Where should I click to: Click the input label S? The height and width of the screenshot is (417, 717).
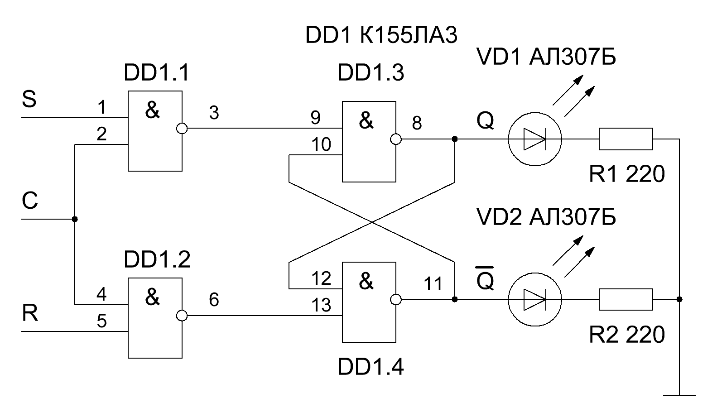coord(29,100)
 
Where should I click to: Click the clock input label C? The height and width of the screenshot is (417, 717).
coord(30,201)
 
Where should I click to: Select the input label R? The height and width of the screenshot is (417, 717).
coord(30,313)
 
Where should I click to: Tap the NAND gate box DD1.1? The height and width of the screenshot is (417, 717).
coord(155,131)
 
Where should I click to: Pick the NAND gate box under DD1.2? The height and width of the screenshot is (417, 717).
coord(155,318)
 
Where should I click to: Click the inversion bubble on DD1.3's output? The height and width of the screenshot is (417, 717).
coord(395,139)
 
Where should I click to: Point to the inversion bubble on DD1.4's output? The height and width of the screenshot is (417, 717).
coord(395,299)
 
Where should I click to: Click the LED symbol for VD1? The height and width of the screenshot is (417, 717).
coord(534,139)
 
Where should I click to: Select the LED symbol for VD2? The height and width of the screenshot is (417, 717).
coord(534,299)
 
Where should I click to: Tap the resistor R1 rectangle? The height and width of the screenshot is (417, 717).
coord(626,139)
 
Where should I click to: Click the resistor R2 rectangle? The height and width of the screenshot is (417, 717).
coord(626,299)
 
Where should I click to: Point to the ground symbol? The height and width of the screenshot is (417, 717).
coord(679,395)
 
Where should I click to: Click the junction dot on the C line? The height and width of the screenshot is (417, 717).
coord(75,219)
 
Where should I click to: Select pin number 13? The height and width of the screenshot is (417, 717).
coord(321,306)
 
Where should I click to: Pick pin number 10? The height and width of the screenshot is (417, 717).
coord(321,145)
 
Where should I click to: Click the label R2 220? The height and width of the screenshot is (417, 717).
coord(626,335)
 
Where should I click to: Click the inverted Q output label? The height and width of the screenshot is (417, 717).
coord(485,281)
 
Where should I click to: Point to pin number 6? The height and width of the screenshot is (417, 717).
coord(214,299)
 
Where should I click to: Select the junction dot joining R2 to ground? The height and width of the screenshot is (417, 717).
coord(679,299)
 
